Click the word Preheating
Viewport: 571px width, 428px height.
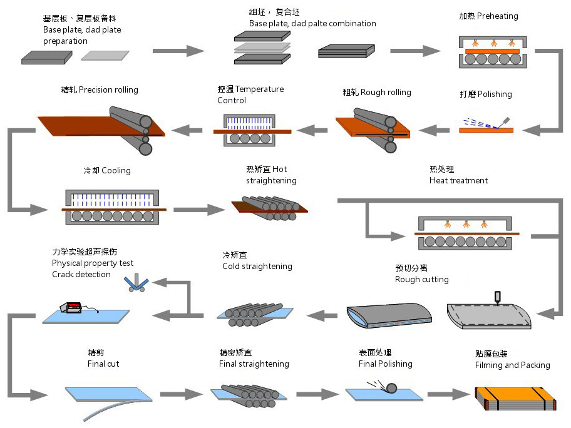coord(498,16)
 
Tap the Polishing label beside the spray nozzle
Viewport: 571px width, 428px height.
coord(495,94)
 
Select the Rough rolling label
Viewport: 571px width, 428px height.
coord(386,93)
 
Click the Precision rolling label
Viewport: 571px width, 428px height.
coord(108,90)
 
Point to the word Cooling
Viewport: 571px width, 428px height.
coord(116,171)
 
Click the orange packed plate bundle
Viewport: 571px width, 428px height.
coord(515,399)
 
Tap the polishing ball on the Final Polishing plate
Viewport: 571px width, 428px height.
coord(391,388)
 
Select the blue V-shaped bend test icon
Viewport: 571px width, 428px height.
coord(136,283)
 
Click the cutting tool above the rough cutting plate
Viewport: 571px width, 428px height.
coord(498,297)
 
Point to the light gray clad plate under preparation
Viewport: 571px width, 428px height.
coord(105,55)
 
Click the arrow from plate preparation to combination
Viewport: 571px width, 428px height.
coord(178,51)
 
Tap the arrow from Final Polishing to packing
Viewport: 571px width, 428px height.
coord(449,394)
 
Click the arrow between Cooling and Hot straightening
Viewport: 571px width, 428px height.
coord(199,210)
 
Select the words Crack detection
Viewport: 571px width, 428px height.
coord(81,275)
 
